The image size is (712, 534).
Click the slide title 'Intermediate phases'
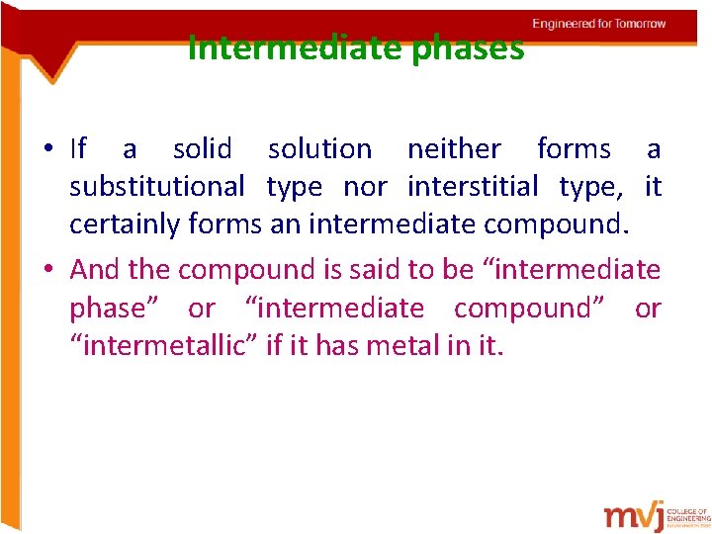coord(356,47)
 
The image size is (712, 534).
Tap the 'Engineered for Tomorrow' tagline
coord(598,24)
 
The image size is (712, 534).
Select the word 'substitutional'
coord(156,187)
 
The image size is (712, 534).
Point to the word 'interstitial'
coord(473,187)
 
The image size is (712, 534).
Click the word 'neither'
coord(454,149)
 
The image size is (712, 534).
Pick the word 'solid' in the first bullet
coord(202,149)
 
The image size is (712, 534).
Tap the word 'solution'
coord(320,149)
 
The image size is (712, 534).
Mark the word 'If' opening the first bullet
coord(78,149)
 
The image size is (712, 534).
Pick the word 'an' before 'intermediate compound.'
coord(285,224)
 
